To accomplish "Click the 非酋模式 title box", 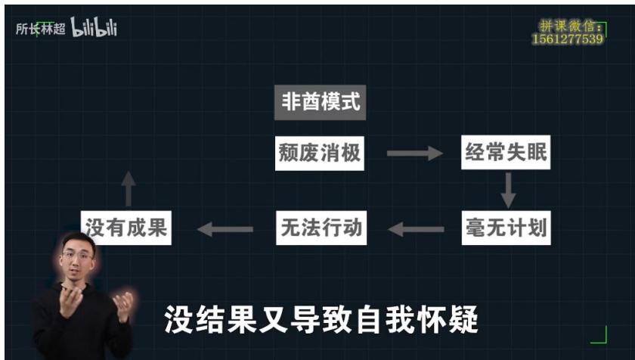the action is [320, 102].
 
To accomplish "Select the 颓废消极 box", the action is [320, 153].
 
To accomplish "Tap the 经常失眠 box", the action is [506, 152].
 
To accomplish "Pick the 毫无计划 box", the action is [506, 228].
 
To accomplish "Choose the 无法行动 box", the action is [321, 228].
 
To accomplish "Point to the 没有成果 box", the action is [126, 228].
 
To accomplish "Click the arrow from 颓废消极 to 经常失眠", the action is [415, 153].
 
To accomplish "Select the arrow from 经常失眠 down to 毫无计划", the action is [508, 190].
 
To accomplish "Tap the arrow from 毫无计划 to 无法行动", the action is [416, 229].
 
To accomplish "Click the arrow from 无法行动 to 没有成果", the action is [225, 229].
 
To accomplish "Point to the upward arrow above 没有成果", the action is [129, 188].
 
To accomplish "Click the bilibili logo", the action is [94, 27].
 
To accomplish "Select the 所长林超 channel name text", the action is [41, 29].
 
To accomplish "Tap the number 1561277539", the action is [568, 39].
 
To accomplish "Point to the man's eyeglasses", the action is [77, 256].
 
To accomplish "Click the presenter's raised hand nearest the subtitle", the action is [123, 307].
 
